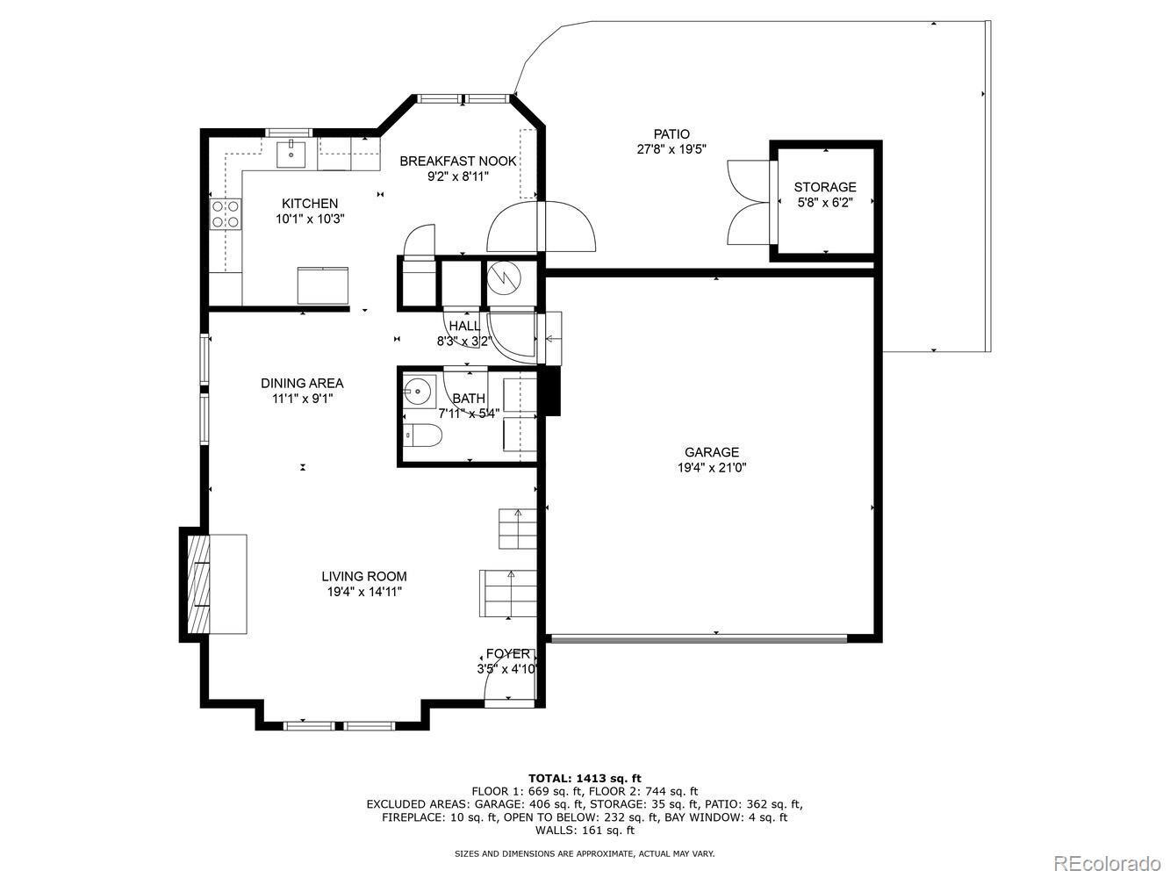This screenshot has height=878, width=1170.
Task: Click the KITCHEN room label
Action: pos(310,204)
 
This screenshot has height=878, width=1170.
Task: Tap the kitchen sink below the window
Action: pos(291,153)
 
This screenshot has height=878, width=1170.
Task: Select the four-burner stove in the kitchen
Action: pos(225,213)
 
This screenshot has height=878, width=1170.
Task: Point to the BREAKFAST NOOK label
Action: pos(458,161)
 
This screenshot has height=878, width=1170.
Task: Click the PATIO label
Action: pos(671,133)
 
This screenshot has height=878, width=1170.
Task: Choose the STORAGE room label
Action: pos(825,187)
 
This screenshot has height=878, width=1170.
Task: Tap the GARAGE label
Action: pos(712,452)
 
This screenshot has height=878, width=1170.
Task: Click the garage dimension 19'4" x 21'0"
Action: pos(712,468)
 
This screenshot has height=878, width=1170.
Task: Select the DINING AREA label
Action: pos(302,383)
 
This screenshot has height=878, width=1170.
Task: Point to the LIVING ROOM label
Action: pos(364,576)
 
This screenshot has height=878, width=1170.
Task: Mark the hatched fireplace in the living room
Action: pos(198,584)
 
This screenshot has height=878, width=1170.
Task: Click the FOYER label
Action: pos(508,653)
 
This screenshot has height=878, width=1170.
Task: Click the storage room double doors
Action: pos(750,202)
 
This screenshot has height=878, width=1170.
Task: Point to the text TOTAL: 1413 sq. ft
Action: pos(585,779)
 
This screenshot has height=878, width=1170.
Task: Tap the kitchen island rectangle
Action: pos(322,285)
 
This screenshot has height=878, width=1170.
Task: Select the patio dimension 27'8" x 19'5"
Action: pos(671,149)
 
